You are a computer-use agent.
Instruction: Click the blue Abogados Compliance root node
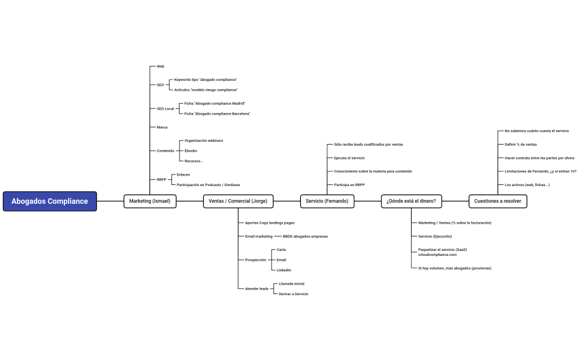(x=50, y=201)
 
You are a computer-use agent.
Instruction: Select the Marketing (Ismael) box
(x=150, y=201)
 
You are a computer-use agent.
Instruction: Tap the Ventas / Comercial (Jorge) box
(x=238, y=201)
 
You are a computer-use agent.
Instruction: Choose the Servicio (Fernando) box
(x=327, y=201)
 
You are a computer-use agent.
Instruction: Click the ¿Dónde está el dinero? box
(x=411, y=201)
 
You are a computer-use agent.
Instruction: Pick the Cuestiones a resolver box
(x=498, y=201)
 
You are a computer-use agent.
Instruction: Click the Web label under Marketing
(x=160, y=66)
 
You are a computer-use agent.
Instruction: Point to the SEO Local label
(x=165, y=109)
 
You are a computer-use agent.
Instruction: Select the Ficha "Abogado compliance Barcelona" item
(x=217, y=114)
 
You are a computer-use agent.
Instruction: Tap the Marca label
(x=162, y=127)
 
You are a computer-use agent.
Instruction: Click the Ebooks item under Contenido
(x=191, y=151)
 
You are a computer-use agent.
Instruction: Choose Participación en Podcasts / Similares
(x=208, y=184)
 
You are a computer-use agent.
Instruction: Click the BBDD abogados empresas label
(x=305, y=236)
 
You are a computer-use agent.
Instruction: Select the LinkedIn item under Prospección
(x=284, y=270)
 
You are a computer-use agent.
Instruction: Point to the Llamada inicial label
(x=292, y=284)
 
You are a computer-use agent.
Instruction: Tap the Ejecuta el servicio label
(x=349, y=158)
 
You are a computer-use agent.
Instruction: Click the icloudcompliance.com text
(x=437, y=255)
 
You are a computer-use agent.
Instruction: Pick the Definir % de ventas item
(x=520, y=145)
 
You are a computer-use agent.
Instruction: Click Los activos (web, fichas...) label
(x=527, y=184)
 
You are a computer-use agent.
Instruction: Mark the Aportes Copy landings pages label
(x=269, y=223)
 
